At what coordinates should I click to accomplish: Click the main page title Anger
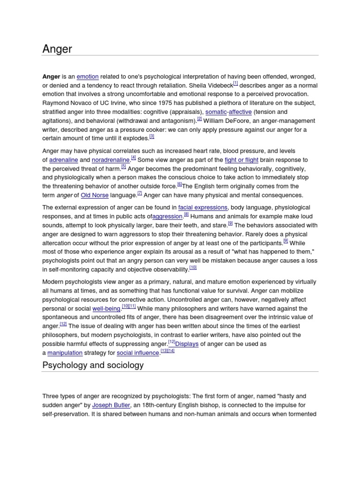[x=57, y=49]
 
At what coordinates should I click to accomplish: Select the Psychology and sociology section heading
[x=93, y=365]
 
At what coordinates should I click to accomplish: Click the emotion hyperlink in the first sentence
[x=88, y=77]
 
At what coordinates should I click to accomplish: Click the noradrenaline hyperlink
[x=111, y=160]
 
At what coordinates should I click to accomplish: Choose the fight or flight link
[x=241, y=160]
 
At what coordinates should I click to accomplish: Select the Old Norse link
[x=94, y=195]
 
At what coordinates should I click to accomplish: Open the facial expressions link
[x=203, y=208]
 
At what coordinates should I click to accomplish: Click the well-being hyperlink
[x=106, y=309]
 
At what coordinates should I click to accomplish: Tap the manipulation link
[x=65, y=353]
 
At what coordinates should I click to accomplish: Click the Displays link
[x=187, y=344]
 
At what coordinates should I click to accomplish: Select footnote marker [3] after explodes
[x=151, y=136]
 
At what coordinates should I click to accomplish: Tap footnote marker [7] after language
[x=140, y=193]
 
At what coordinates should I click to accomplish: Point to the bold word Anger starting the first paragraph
[x=51, y=77]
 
